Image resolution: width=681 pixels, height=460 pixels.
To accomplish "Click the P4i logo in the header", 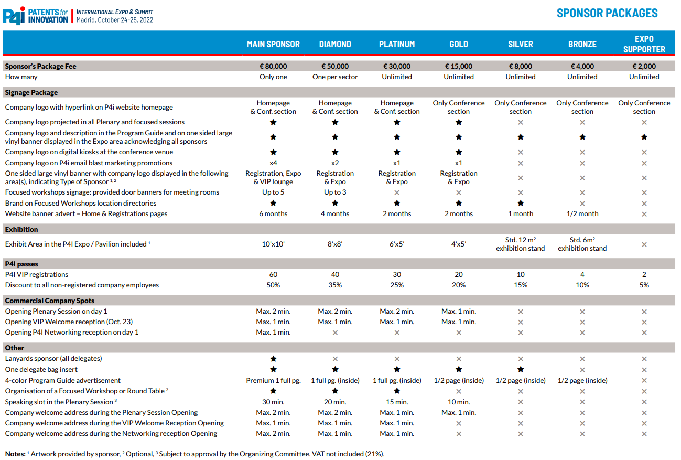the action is [x=14, y=16].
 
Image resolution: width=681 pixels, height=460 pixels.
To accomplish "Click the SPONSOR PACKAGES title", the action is [x=607, y=13].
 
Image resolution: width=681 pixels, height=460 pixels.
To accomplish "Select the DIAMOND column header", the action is [x=334, y=44].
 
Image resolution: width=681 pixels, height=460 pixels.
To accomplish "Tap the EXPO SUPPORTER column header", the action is [x=644, y=44].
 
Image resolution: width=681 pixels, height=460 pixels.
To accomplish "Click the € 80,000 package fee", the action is [x=273, y=66].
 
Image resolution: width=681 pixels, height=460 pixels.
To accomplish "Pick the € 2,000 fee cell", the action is [x=644, y=66].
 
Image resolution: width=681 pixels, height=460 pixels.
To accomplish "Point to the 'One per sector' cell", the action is [x=334, y=77].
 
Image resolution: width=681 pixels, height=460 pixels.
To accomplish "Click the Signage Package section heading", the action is [x=31, y=92].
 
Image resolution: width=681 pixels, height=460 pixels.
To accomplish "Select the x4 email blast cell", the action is [x=273, y=163].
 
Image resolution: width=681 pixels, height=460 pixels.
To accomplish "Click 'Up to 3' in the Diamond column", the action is [x=334, y=192].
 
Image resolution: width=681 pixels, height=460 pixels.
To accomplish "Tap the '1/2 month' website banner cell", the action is [x=582, y=213].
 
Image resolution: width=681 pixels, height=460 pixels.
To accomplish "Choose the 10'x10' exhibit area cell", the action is [x=273, y=244].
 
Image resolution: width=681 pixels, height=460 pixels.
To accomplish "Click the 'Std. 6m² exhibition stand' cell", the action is [x=582, y=244].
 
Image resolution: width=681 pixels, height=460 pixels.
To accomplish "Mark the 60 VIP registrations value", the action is [x=273, y=274].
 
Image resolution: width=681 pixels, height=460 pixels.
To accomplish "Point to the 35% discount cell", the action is [x=334, y=285].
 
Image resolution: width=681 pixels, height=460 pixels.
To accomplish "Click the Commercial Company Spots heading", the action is [x=50, y=301].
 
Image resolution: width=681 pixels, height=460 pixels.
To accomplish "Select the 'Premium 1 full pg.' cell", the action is [x=273, y=380].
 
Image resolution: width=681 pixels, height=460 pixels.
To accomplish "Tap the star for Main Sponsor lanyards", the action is [x=273, y=359].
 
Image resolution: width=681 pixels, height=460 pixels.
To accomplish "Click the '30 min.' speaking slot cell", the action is [x=273, y=402].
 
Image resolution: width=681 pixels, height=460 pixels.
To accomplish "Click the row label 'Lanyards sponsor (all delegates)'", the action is [x=53, y=358].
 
